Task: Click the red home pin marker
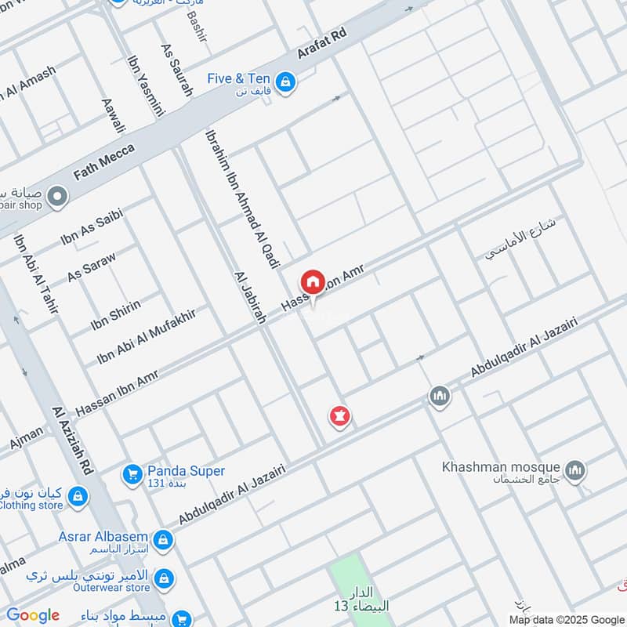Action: point(312,281)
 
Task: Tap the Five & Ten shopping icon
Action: point(286,82)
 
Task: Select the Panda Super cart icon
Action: point(131,474)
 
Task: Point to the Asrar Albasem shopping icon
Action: point(163,539)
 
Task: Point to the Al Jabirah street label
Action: point(251,298)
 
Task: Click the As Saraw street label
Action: point(92,266)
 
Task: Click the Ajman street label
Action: point(27,437)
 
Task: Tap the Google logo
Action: point(33,615)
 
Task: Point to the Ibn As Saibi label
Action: point(92,228)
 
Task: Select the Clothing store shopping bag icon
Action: point(77,496)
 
